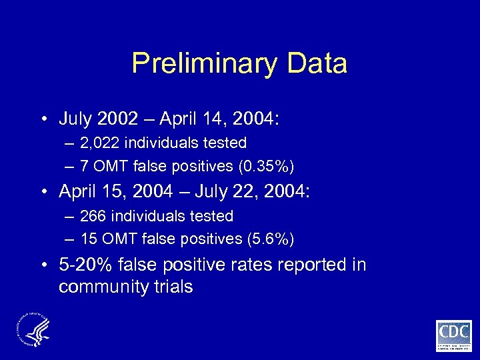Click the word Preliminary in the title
pos(205,64)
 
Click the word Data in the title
pos(317,64)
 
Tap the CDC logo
pos(454,335)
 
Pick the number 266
pos(92,216)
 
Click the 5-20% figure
pos(86,265)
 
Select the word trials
pos(171,287)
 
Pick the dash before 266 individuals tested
pos(69,216)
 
